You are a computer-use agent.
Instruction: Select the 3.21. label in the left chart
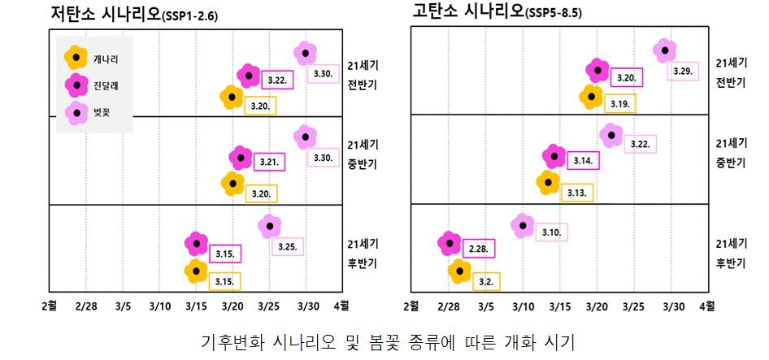[269, 162]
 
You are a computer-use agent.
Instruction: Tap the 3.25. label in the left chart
[287, 246]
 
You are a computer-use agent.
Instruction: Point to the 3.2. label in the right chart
[486, 281]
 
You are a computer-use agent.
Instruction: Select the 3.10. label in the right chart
[551, 232]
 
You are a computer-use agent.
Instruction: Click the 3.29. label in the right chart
[683, 72]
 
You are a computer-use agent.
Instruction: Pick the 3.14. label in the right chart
[583, 161]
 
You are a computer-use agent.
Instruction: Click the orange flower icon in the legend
[76, 58]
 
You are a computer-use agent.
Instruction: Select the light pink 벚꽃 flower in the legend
[76, 112]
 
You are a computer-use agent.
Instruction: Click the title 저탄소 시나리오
[102, 13]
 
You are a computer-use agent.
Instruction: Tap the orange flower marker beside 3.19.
[592, 96]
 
